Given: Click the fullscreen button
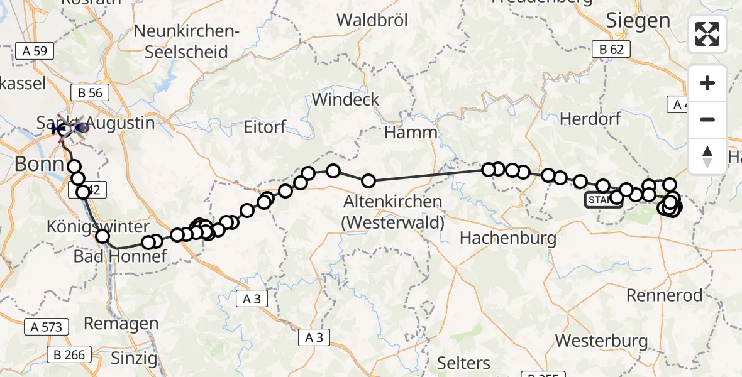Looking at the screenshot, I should [707, 33].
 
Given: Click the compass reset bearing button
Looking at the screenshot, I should [707, 156].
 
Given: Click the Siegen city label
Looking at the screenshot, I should [638, 21].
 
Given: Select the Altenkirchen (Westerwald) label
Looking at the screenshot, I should [393, 212].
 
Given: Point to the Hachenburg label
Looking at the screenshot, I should [508, 238].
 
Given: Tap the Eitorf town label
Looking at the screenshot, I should [265, 127].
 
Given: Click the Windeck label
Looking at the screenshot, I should [346, 99].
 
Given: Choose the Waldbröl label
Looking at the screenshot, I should [372, 20].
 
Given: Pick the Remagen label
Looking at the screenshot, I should [121, 324].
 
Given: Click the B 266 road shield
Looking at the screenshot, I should [69, 355].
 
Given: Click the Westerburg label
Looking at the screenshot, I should [602, 341].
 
